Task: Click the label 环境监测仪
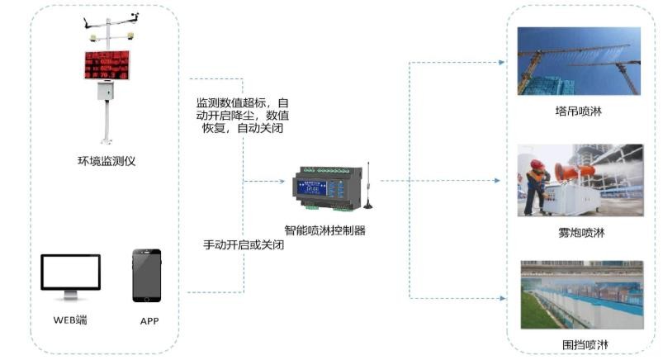(106, 161)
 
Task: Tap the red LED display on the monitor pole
(107, 65)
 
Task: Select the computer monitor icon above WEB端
(70, 274)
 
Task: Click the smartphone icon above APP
(146, 276)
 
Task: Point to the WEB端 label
(70, 320)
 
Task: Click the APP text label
(149, 320)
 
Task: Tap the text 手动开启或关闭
(244, 245)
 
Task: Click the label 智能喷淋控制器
(324, 231)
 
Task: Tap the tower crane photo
(579, 61)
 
